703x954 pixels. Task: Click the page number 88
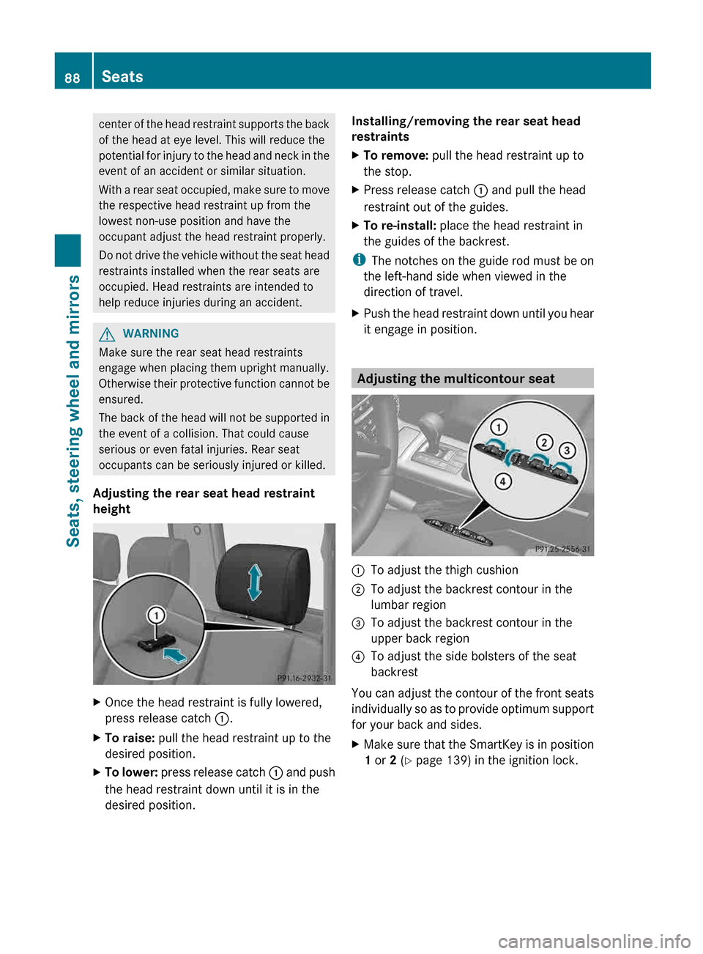click(72, 78)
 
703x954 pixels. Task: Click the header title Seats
click(122, 77)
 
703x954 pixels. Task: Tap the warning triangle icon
click(108, 334)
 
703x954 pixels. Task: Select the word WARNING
click(150, 334)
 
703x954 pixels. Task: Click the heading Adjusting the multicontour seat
click(455, 379)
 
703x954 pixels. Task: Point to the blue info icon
click(358, 260)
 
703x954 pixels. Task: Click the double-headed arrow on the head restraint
click(254, 582)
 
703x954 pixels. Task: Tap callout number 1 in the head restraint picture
click(156, 615)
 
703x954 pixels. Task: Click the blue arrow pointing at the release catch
click(175, 654)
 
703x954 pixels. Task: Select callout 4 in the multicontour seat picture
click(502, 481)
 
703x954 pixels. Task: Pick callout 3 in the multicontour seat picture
click(567, 450)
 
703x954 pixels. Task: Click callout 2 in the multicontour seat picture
click(544, 442)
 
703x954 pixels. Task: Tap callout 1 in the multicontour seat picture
click(498, 427)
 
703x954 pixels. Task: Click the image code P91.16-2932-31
click(304, 678)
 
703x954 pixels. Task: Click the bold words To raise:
click(130, 738)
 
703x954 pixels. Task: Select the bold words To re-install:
click(400, 226)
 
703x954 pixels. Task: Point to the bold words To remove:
click(395, 155)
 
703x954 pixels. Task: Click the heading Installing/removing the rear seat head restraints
click(465, 129)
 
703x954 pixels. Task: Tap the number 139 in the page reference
click(458, 761)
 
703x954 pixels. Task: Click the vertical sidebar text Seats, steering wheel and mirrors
click(73, 410)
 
